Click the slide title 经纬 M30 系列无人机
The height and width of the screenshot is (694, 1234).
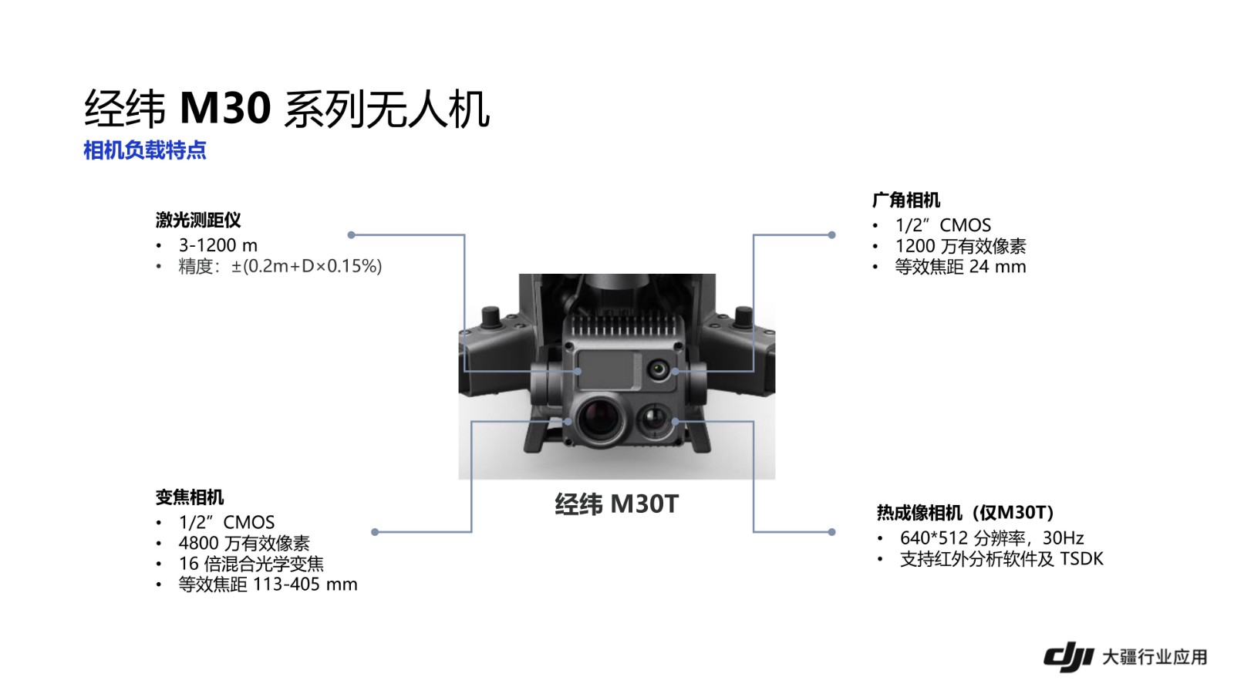click(286, 109)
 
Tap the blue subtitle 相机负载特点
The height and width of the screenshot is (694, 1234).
click(144, 150)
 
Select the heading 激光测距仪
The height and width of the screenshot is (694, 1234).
click(198, 221)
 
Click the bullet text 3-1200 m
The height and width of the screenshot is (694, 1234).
click(218, 245)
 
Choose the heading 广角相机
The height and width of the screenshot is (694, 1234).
click(906, 200)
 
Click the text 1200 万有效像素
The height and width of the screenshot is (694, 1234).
click(960, 246)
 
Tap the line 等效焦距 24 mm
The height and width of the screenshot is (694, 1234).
click(960, 267)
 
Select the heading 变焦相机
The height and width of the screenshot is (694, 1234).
click(190, 497)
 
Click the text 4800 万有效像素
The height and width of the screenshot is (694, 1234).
click(244, 543)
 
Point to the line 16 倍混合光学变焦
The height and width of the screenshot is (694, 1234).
click(251, 564)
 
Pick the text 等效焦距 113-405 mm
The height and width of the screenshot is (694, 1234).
click(268, 585)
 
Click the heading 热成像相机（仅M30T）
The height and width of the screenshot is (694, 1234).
click(965, 513)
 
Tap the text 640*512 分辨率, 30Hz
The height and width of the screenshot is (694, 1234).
click(992, 537)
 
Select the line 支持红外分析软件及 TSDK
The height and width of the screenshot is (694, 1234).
click(1001, 558)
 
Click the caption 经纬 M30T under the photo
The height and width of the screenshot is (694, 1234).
click(616, 504)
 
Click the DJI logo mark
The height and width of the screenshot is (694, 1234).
click(1068, 656)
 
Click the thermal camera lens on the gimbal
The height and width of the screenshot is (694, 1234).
click(653, 420)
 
